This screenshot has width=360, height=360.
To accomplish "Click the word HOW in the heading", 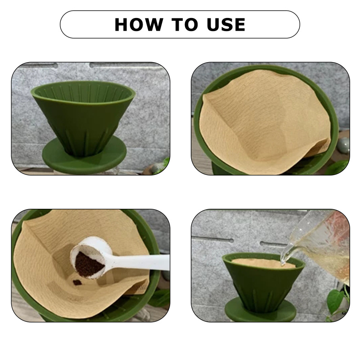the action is point(139,24).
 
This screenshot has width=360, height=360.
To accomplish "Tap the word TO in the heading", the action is point(184,24).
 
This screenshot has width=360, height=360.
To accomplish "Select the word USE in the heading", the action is point(226,24).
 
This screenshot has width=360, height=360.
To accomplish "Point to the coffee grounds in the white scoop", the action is point(89,264).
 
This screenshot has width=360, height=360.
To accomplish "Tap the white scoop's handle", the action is point(139,262).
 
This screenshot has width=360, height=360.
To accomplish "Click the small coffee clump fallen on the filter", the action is point(77,282).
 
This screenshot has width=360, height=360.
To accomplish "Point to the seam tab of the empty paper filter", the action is point(321,147).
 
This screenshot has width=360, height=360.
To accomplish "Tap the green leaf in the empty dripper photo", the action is point(166,162).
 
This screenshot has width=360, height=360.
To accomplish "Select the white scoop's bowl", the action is point(91,257).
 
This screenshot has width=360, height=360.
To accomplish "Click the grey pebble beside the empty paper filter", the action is point(343,144).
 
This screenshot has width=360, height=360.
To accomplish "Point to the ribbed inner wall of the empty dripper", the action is point(83,91).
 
